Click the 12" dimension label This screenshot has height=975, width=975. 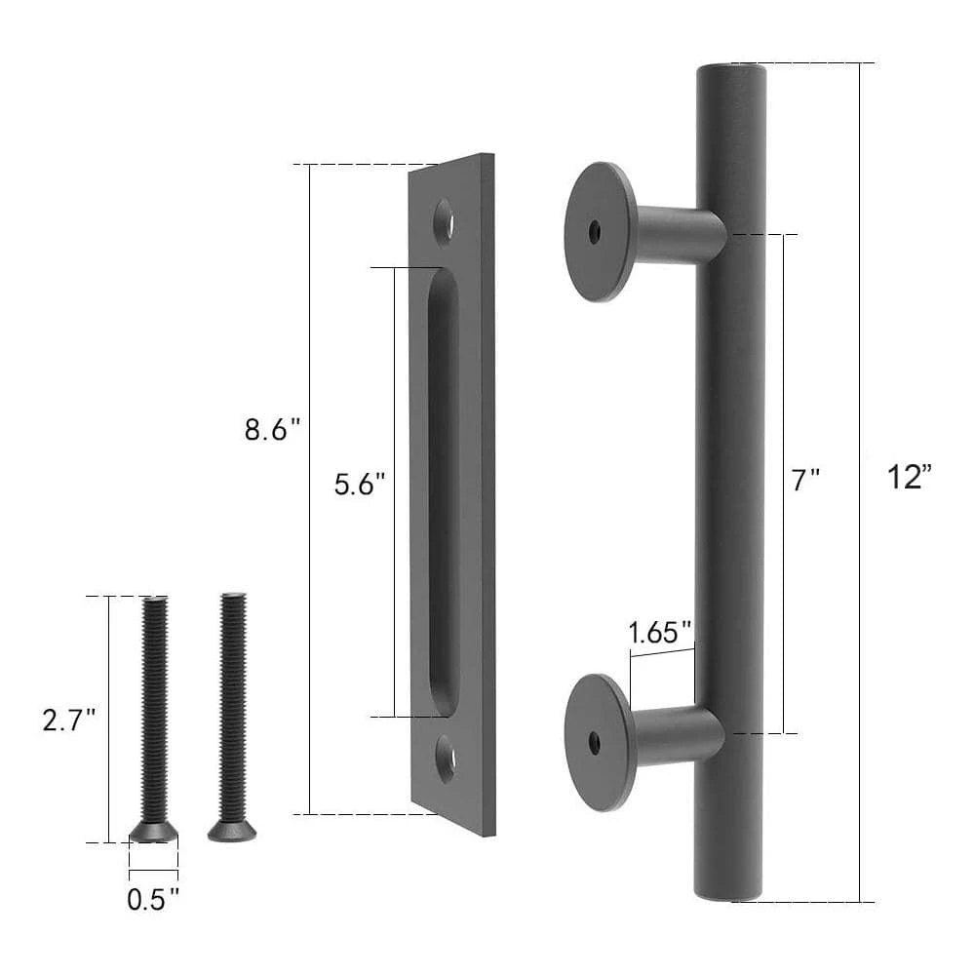click(910, 478)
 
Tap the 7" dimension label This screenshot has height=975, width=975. click(805, 480)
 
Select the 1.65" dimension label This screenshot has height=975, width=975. click(660, 632)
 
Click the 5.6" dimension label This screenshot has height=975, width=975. click(361, 484)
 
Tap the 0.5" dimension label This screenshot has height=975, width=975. click(153, 898)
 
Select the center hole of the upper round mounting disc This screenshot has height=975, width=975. click(594, 232)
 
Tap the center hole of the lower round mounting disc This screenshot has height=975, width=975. click(594, 743)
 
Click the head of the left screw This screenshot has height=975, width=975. click(154, 830)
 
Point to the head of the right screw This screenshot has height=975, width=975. click(232, 831)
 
